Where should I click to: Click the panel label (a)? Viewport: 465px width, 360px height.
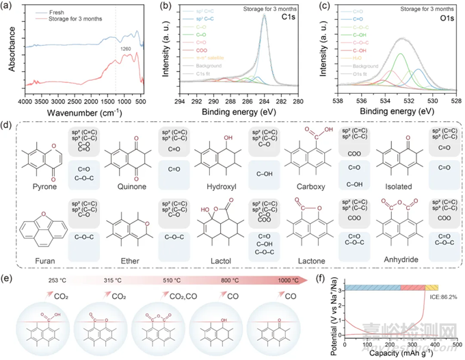(9, 6)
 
